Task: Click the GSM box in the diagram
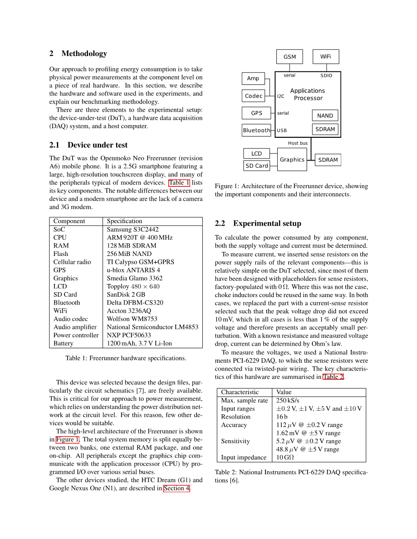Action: [290, 57]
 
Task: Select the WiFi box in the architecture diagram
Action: [325, 56]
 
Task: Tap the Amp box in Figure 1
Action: [253, 78]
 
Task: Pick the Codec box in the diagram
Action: [254, 96]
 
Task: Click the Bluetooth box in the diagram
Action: [256, 130]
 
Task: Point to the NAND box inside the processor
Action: [325, 115]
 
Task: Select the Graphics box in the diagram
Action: [292, 160]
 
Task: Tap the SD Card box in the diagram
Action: [256, 166]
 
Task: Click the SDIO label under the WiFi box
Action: [326, 76]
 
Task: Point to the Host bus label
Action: [298, 143]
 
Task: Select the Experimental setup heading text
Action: [267, 224]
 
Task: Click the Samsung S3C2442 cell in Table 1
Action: [133, 229]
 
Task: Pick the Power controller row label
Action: [76, 335]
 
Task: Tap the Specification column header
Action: [124, 221]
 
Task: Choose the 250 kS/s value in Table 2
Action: [288, 400]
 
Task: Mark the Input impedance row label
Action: [244, 457]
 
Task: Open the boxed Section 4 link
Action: [177, 488]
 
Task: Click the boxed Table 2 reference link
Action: [333, 377]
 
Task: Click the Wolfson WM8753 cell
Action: [132, 319]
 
